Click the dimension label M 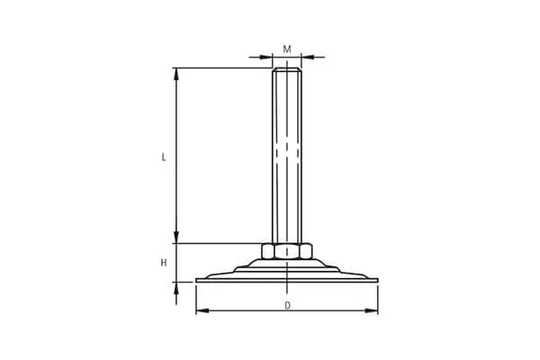coord(287,49)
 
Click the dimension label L coord(164,157)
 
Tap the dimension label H coord(164,263)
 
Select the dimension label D coord(288,306)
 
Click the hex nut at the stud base coord(287,251)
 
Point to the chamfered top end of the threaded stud coord(287,69)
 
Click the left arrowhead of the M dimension coord(265,57)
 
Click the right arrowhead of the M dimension coord(308,57)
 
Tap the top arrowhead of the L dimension coord(176,75)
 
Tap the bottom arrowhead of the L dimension coord(176,237)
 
